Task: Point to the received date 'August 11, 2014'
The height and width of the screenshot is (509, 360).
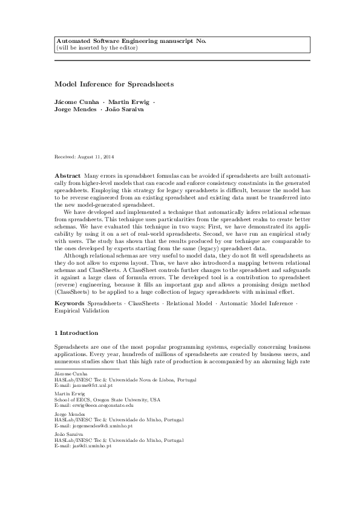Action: pyautogui.click(x=94, y=157)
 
